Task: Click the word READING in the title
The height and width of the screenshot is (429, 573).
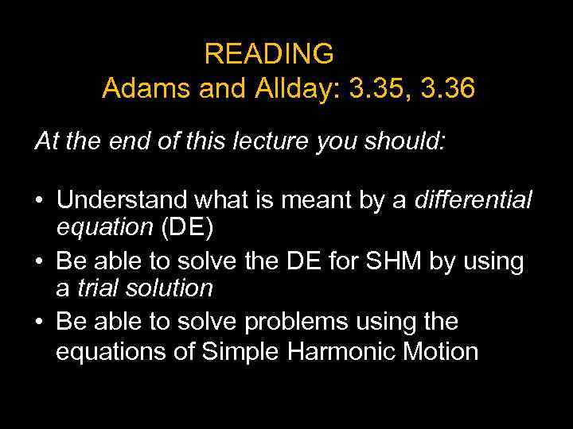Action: tap(269, 53)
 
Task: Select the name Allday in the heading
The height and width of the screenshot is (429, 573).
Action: tap(287, 88)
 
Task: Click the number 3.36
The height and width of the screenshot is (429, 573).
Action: tap(446, 88)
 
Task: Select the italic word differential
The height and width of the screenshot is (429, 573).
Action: tap(473, 199)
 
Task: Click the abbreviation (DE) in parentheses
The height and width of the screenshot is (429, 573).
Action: tap(188, 228)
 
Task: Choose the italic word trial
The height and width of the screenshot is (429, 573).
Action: tap(93, 288)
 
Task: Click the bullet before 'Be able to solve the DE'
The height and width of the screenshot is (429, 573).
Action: tap(39, 261)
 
